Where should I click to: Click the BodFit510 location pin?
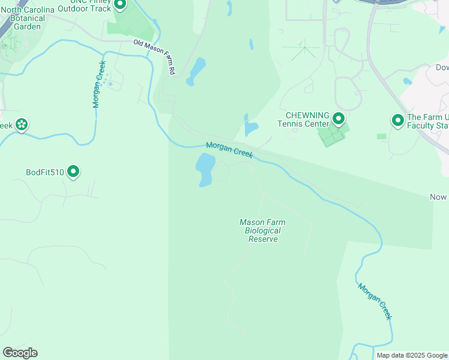point(74,172)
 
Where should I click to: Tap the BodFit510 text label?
point(45,172)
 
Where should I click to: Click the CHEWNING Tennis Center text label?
point(307,119)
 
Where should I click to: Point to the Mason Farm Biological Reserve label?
point(263,230)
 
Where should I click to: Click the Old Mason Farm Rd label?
point(154,56)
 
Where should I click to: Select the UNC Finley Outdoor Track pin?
point(120,4)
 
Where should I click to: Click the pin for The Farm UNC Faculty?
point(397,121)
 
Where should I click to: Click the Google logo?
point(20,353)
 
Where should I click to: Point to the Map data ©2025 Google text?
point(412,355)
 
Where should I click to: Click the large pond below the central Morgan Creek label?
point(205,169)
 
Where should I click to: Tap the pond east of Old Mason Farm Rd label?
point(196,71)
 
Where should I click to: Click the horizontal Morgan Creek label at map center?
point(230,150)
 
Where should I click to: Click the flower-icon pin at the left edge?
point(22,125)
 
